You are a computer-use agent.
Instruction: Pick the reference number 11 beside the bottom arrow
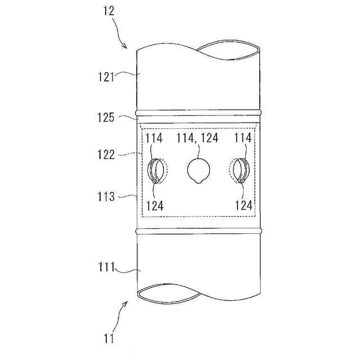(x=108, y=338)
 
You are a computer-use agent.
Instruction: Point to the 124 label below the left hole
(x=154, y=206)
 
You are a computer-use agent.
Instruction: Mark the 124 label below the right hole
(x=244, y=206)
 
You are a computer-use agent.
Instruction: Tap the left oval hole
(x=156, y=170)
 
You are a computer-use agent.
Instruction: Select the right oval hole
(x=239, y=170)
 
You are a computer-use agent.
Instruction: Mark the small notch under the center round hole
(x=197, y=182)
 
